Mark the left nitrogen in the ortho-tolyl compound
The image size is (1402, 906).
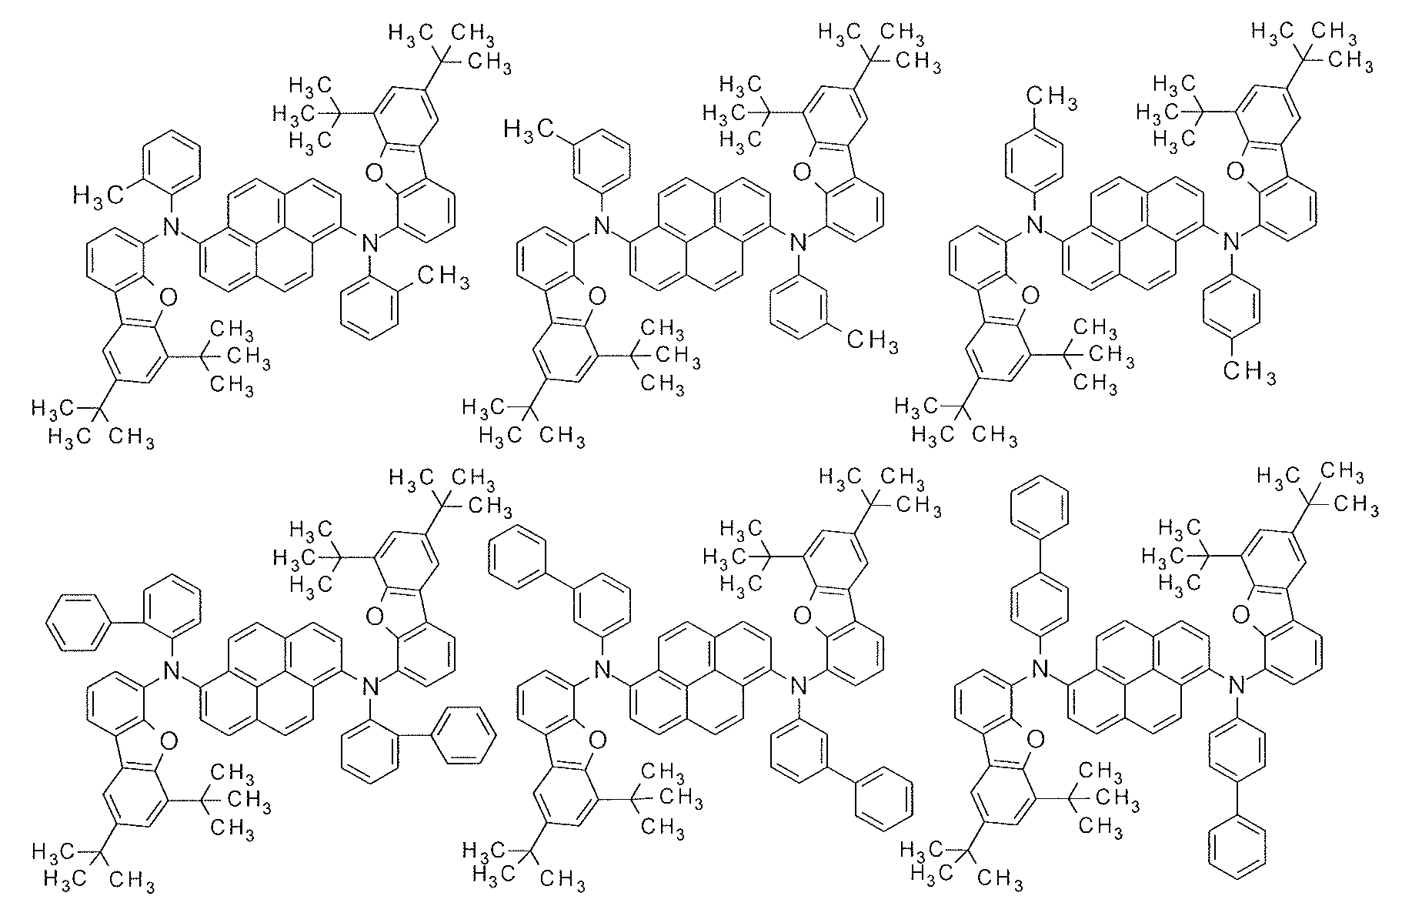pos(172,226)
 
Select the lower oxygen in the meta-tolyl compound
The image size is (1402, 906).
pos(598,295)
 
